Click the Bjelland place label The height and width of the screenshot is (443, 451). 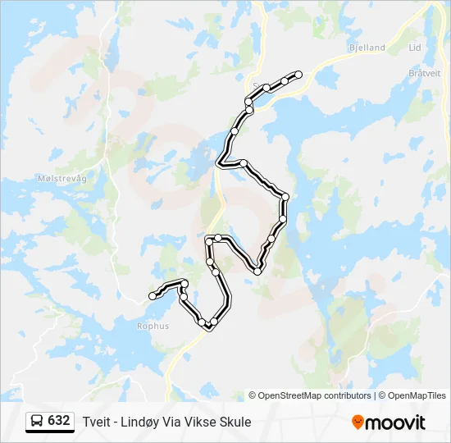366,48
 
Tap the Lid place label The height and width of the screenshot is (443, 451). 415,48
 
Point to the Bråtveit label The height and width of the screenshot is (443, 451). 425,72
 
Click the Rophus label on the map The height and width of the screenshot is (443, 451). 153,326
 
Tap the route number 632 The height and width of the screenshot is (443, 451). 59,421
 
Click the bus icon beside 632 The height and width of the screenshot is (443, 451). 38,422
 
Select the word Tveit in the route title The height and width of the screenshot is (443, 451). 96,422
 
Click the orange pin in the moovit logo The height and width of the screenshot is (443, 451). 358,422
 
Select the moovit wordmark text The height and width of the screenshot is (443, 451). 395,422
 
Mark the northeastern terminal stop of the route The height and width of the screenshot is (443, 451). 298,75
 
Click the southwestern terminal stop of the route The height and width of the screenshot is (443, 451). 152,295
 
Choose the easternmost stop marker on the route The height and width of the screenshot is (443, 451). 298,75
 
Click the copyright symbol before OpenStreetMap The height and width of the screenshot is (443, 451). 253,395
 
